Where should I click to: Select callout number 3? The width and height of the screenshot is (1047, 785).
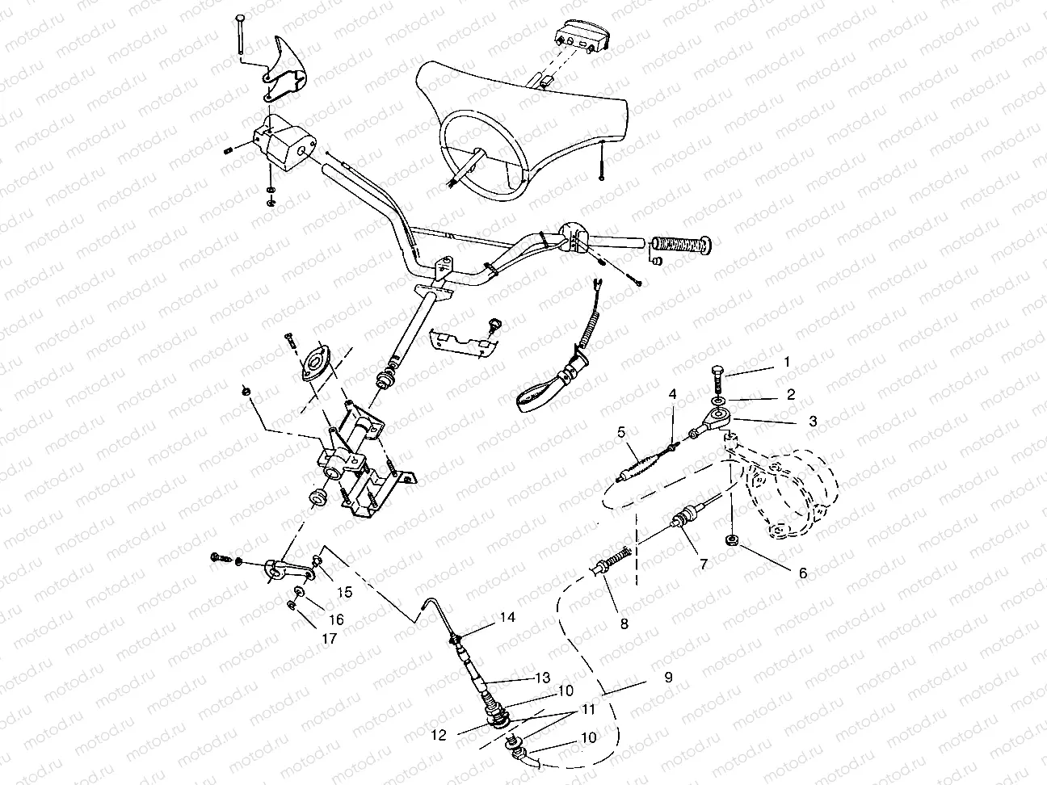click(813, 421)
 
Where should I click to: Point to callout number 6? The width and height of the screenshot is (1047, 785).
click(802, 573)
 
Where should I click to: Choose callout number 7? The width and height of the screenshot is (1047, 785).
click(703, 565)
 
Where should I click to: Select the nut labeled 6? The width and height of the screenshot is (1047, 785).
click(731, 540)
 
